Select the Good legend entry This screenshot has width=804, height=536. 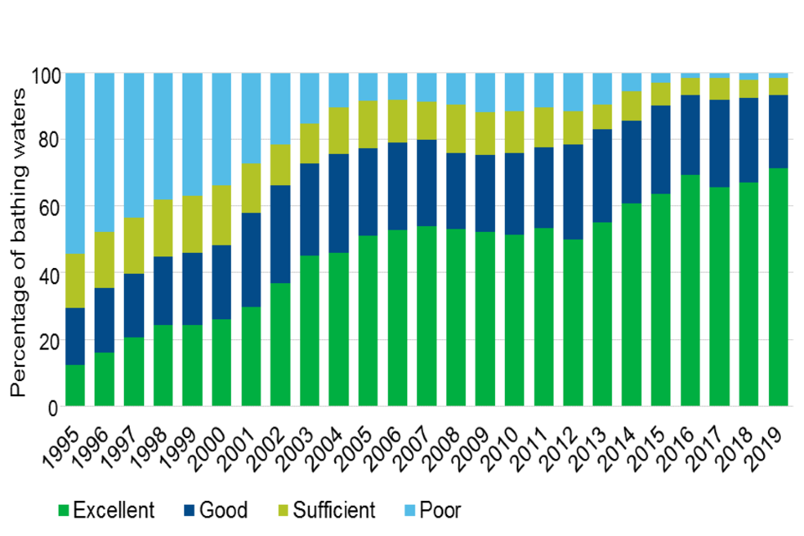(214, 510)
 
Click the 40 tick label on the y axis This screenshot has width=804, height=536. (47, 275)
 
